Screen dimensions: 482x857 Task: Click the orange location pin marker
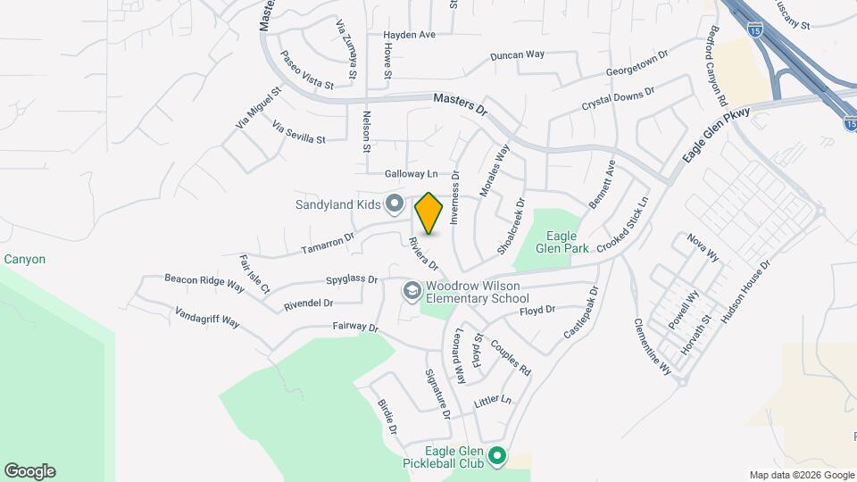point(429,213)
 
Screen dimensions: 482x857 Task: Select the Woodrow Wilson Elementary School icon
point(412,291)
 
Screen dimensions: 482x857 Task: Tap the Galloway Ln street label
point(412,173)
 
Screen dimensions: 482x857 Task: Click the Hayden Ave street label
point(409,36)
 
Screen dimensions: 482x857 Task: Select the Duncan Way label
point(518,55)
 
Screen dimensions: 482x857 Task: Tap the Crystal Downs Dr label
point(619,98)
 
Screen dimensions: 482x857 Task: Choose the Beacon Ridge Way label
point(204,283)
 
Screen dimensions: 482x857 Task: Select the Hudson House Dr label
point(745,291)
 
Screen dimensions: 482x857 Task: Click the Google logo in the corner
point(29,471)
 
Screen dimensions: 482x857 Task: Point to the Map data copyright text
point(801,475)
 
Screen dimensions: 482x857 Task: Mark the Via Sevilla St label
point(299,133)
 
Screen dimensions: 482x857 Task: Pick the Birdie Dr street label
point(387,417)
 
